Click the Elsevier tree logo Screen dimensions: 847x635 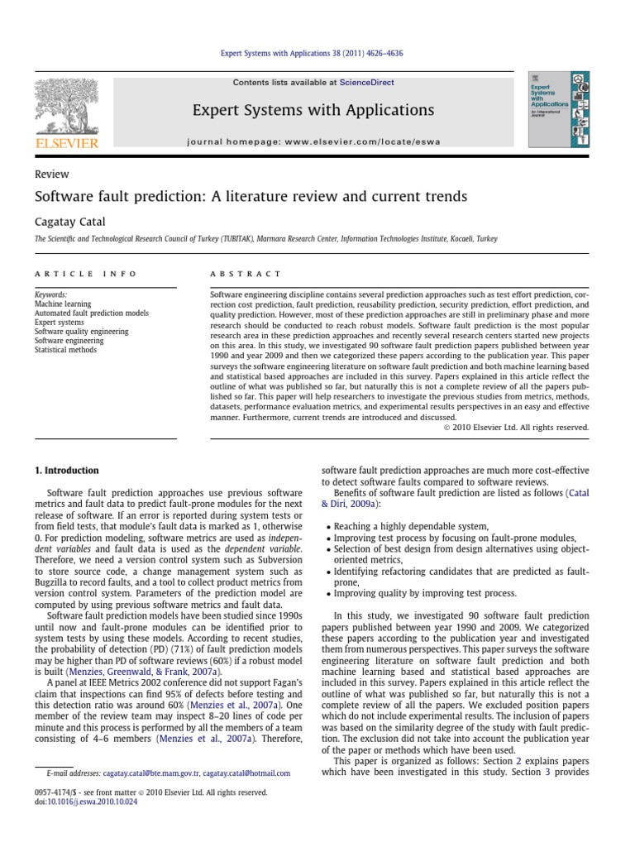[x=65, y=108]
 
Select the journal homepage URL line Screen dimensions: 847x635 [x=315, y=141]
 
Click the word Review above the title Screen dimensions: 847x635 [x=51, y=175]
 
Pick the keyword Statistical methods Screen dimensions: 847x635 [x=65, y=350]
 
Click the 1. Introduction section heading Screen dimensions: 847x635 [x=66, y=471]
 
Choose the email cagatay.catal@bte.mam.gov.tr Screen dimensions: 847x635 [x=151, y=773]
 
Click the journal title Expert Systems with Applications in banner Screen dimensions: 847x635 [x=313, y=110]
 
